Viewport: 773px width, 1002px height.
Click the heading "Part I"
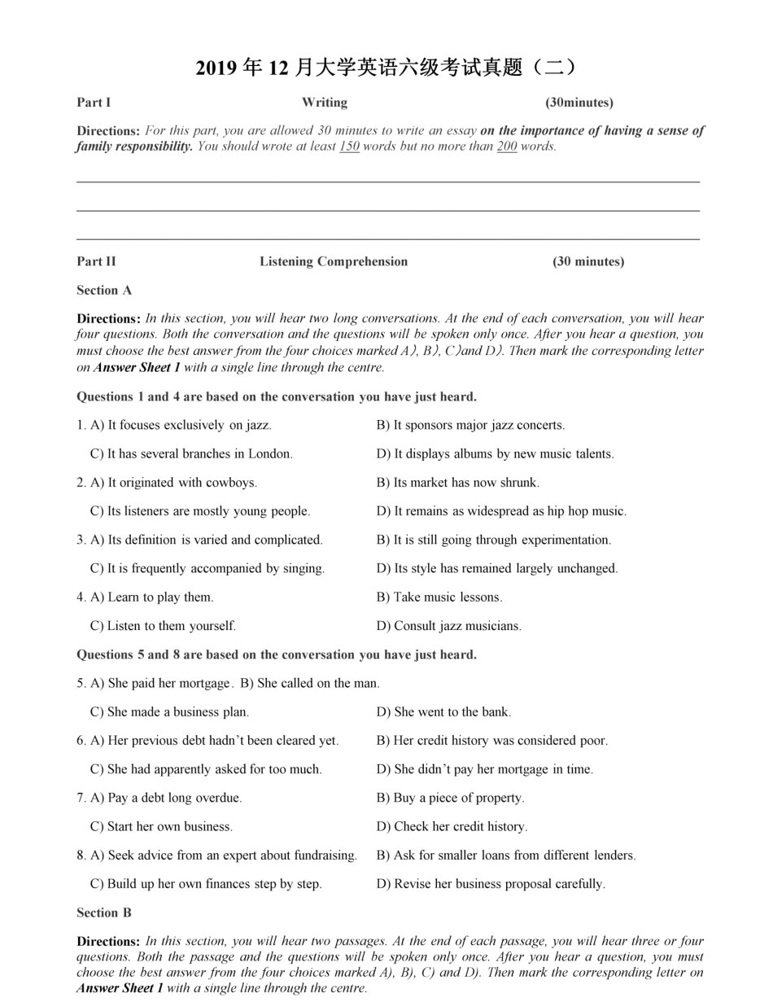[x=94, y=103]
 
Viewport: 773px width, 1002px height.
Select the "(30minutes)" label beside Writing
[x=579, y=103]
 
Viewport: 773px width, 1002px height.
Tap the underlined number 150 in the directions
[x=349, y=147]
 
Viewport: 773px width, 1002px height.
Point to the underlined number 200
[x=507, y=147]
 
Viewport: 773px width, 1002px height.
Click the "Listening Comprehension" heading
[x=334, y=261]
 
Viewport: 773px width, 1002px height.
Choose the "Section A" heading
[x=104, y=291]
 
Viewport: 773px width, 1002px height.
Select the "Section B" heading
[x=104, y=912]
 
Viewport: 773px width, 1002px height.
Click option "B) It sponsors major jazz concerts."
[x=470, y=425]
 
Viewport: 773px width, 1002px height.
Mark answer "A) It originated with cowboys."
[x=173, y=483]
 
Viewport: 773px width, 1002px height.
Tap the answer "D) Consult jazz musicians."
[x=448, y=626]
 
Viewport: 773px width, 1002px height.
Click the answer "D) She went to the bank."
[x=443, y=712]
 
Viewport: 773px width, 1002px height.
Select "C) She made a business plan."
[x=169, y=712]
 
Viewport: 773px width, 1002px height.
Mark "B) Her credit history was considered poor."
[x=491, y=741]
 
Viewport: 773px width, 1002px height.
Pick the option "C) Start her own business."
[x=161, y=827]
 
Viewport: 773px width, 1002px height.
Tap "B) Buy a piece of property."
[x=450, y=798]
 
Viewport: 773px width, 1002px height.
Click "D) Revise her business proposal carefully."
[x=491, y=884]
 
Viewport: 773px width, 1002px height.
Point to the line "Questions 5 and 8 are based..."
[x=277, y=654]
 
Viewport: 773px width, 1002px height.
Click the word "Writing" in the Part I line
[x=325, y=103]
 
